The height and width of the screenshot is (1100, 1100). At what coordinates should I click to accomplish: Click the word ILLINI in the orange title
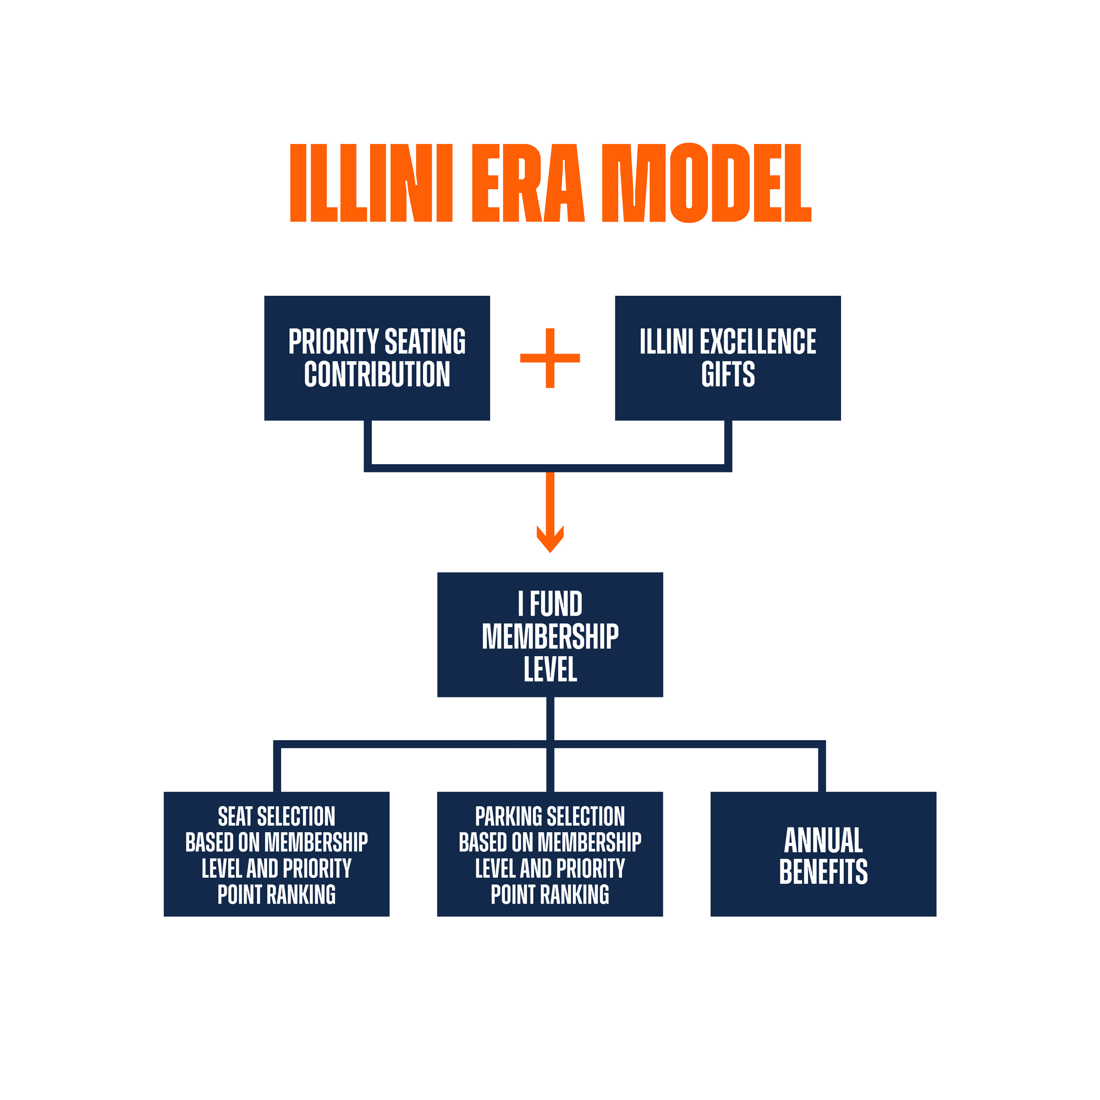[x=371, y=183]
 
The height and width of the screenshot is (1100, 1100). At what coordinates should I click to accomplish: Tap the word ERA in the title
[x=528, y=183]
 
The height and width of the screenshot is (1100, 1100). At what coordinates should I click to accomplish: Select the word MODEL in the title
[x=706, y=183]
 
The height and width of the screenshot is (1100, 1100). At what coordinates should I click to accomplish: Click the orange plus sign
[x=550, y=358]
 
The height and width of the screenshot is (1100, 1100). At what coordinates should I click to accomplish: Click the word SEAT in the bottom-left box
[x=235, y=816]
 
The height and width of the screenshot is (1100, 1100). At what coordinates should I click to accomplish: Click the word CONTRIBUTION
[x=377, y=374]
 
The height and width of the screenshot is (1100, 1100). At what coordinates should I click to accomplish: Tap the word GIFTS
[x=728, y=374]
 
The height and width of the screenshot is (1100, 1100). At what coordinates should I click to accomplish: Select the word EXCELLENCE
[x=757, y=342]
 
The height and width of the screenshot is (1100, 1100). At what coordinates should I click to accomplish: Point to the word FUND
[x=555, y=604]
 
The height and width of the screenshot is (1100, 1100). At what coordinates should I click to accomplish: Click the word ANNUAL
[x=823, y=840]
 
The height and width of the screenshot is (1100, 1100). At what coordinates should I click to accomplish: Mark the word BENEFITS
[x=823, y=872]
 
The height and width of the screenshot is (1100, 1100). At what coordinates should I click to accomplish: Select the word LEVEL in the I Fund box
[x=550, y=669]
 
